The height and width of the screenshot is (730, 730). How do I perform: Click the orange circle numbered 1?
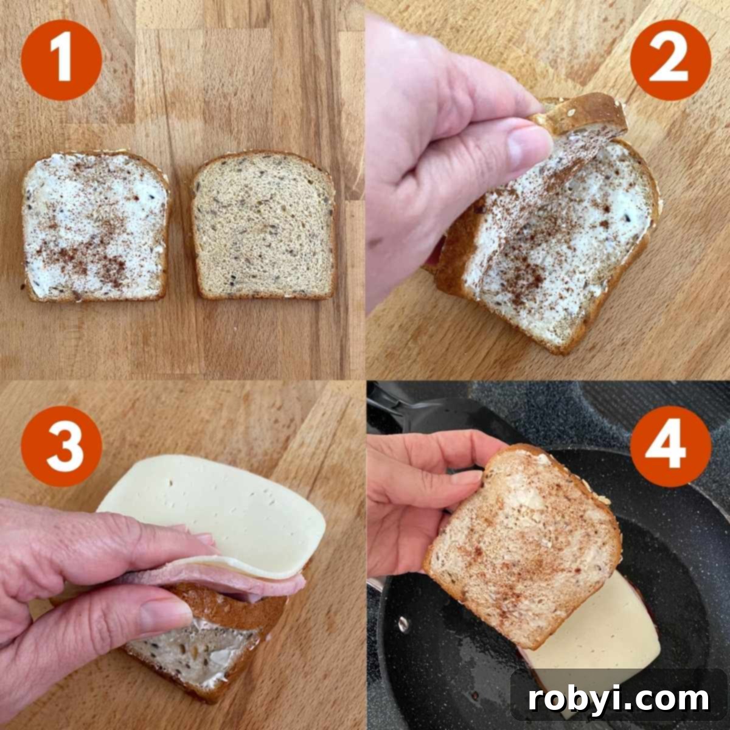tap(61, 60)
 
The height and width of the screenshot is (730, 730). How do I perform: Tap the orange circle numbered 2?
tap(670, 60)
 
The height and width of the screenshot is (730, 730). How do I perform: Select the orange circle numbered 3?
tap(61, 446)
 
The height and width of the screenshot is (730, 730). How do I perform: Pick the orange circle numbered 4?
tap(670, 446)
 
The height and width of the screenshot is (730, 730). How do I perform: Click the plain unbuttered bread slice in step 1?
tap(263, 228)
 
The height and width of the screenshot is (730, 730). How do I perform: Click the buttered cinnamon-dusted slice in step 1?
tap(96, 228)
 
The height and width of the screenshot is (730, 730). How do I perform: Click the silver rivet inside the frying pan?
tap(402, 623)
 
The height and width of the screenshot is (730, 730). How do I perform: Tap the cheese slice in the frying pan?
tap(614, 633)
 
